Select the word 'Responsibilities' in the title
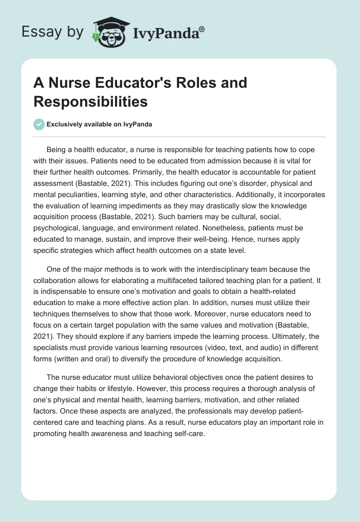(90, 101)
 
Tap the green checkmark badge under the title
(39, 124)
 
